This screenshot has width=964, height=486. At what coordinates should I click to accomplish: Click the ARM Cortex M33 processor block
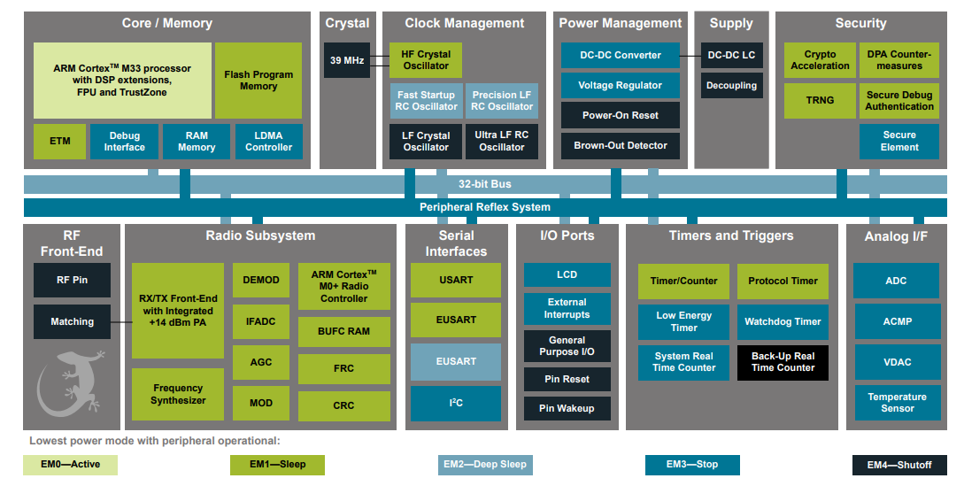(122, 81)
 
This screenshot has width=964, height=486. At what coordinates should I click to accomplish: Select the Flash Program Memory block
(258, 81)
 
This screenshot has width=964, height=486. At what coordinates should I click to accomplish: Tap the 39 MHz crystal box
(346, 61)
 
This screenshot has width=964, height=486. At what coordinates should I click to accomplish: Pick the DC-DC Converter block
(620, 55)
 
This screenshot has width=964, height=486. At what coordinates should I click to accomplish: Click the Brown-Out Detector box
(620, 146)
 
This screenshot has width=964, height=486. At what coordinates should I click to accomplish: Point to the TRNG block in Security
(819, 101)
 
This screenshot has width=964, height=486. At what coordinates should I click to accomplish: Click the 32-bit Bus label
(484, 184)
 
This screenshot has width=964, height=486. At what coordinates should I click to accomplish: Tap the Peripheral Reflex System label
(484, 207)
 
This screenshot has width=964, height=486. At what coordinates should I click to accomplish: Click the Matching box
(73, 322)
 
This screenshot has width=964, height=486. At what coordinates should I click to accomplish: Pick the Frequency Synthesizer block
(178, 394)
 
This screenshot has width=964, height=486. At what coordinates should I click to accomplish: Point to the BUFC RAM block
(343, 331)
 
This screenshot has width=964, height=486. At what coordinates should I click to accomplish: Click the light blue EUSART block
(455, 361)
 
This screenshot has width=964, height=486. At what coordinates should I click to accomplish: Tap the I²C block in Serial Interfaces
(455, 403)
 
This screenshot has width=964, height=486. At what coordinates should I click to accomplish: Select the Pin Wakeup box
(567, 408)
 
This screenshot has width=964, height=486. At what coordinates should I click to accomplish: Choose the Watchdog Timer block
(783, 322)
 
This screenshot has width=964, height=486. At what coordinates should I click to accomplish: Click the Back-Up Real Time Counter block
(783, 362)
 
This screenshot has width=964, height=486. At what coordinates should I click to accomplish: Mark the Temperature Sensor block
(896, 403)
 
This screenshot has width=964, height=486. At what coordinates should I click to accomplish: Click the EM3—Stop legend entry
(692, 465)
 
